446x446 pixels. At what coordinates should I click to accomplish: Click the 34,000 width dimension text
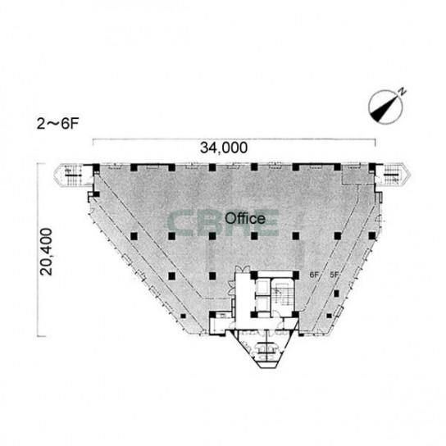pos(224,148)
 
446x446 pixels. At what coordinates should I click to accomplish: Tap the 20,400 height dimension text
pos(47,252)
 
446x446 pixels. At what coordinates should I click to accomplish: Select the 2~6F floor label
pos(57,124)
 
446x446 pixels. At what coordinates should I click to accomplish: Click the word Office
pos(245,218)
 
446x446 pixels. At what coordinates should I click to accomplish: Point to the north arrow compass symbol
pos(385,107)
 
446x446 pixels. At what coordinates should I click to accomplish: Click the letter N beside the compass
pos(403,91)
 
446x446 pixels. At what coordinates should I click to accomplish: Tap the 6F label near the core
pos(314,275)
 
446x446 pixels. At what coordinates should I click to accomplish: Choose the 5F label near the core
pos(334,275)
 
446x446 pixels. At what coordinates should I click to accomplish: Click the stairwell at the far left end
pos(73,175)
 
